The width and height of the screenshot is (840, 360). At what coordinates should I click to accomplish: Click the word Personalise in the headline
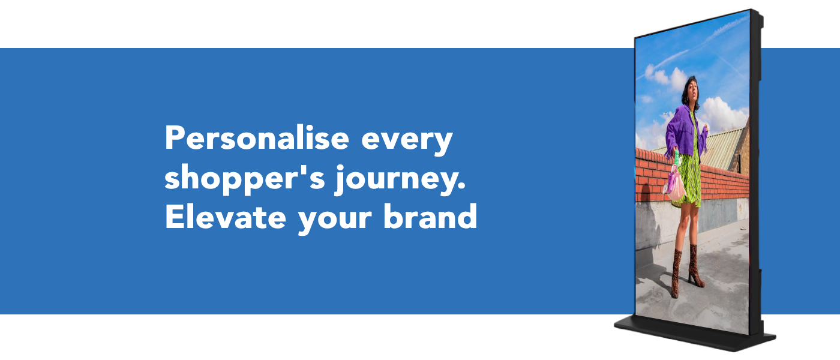pyautogui.click(x=257, y=137)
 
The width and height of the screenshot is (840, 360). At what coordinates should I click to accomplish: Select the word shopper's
pyautogui.click(x=245, y=179)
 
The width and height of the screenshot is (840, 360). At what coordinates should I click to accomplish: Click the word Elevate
pyautogui.click(x=226, y=217)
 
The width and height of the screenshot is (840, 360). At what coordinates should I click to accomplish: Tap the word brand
pyautogui.click(x=430, y=217)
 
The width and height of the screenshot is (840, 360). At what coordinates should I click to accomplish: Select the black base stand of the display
pyautogui.click(x=694, y=334)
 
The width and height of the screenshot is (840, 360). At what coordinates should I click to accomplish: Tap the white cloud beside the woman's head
pyautogui.click(x=722, y=113)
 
